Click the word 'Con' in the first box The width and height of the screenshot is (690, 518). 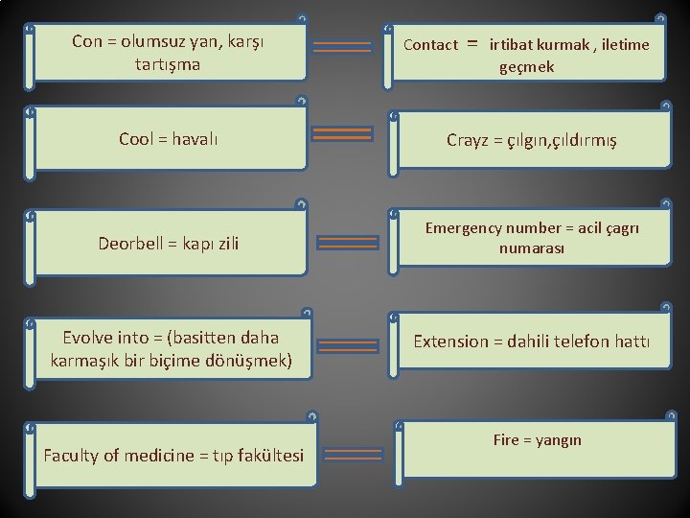pos(86,42)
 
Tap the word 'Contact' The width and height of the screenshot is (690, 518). pos(430,45)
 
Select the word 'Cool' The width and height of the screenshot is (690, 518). pos(137,139)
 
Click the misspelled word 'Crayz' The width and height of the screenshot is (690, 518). pos(468,140)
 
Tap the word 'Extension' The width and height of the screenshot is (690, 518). pos(449,341)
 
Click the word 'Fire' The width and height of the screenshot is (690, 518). pos(505,440)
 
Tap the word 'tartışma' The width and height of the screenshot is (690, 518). pos(169,65)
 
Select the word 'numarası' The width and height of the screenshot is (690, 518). pos(532,248)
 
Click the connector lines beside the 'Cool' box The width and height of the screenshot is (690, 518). pos(343,134)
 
